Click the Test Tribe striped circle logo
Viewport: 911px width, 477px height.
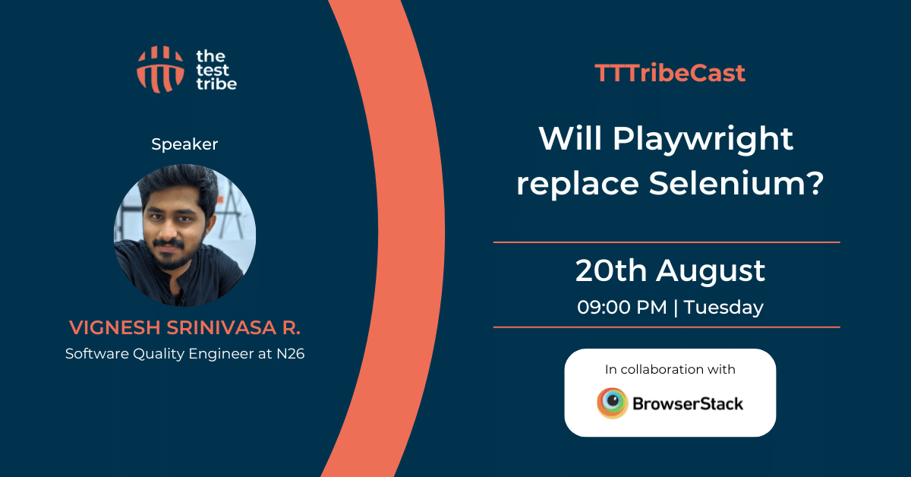click(x=160, y=70)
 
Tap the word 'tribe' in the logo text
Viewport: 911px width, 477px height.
click(x=216, y=84)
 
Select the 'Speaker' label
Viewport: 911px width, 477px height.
click(x=184, y=144)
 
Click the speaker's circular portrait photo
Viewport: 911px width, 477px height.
click(x=185, y=235)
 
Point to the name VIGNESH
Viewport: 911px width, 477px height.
click(x=115, y=327)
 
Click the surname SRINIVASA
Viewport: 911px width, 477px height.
click(x=222, y=327)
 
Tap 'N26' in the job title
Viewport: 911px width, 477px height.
click(x=290, y=354)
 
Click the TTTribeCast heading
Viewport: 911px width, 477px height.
click(x=670, y=73)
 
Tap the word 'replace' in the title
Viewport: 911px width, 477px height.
click(x=578, y=185)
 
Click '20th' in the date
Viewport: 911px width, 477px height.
click(x=611, y=270)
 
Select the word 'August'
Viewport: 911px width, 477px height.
click(x=711, y=272)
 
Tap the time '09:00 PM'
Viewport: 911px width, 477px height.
click(x=622, y=308)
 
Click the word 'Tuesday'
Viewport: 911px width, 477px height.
click(x=723, y=308)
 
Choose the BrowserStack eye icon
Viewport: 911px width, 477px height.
click(x=613, y=403)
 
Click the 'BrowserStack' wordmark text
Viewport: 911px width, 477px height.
click(x=688, y=404)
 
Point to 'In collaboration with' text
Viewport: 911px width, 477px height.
click(x=670, y=369)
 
